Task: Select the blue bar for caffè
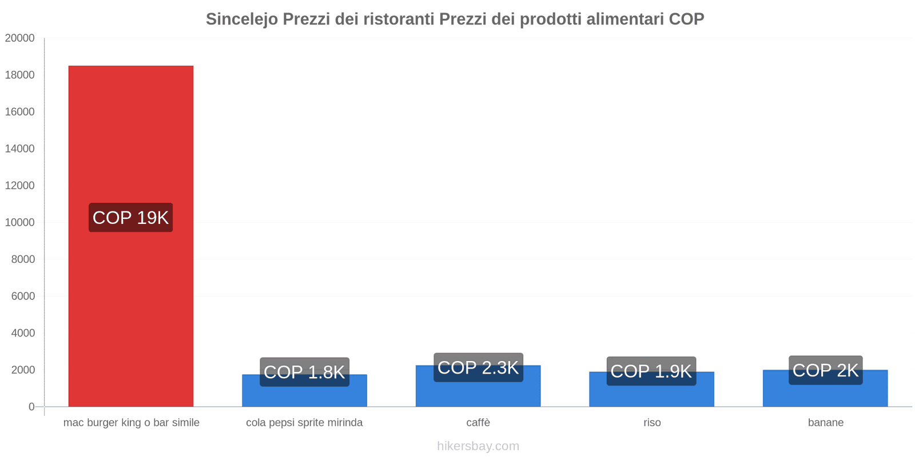point(478,394)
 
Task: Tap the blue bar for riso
point(651,396)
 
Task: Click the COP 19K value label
point(130,218)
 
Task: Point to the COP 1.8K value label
point(304,372)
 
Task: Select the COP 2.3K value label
point(478,367)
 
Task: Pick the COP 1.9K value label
point(651,371)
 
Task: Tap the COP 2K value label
point(825,370)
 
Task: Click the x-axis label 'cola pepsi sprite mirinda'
point(304,423)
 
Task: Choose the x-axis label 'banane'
point(825,423)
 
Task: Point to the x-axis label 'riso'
point(651,423)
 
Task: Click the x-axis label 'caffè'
point(478,423)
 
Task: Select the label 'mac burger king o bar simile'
point(131,423)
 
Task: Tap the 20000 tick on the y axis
point(20,38)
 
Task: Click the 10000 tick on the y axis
point(20,222)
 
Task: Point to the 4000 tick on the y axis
point(23,333)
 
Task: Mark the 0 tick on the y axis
point(31,407)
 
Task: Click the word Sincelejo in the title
point(241,19)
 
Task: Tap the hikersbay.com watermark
point(478,446)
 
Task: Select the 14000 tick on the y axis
point(20,149)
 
